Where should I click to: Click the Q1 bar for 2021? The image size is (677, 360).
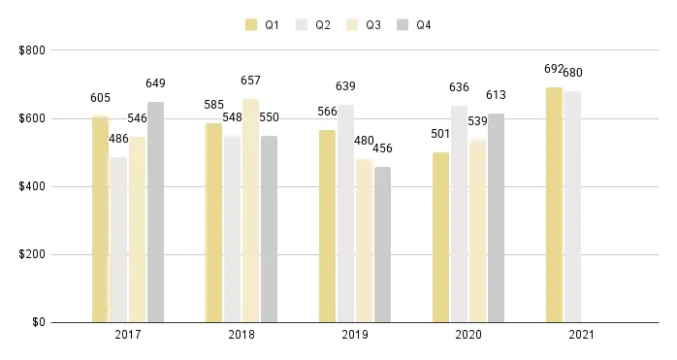[554, 205]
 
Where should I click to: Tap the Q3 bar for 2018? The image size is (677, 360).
[250, 211]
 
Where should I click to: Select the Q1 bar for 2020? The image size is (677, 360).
[440, 237]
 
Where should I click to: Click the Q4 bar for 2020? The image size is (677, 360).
[496, 218]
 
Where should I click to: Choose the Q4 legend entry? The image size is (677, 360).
[413, 24]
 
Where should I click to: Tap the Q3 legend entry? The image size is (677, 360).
[363, 24]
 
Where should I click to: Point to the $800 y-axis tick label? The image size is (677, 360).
[31, 50]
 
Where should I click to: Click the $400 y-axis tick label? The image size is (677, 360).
[31, 186]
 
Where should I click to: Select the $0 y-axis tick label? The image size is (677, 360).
[36, 322]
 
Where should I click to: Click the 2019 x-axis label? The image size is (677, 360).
[355, 335]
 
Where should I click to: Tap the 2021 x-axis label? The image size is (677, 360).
[582, 335]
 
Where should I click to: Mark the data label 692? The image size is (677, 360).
[554, 69]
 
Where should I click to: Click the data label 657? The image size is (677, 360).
[250, 81]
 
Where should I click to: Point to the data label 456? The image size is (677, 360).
[382, 148]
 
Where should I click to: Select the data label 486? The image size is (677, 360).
[118, 139]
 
